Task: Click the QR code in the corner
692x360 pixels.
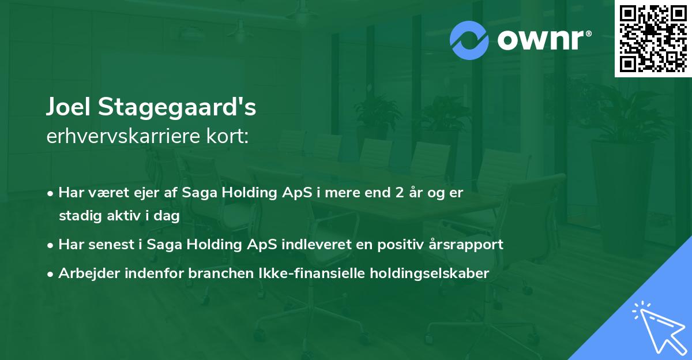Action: point(653,38)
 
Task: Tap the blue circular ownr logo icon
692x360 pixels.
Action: point(469,40)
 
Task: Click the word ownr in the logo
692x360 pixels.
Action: point(543,40)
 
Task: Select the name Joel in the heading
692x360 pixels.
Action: point(69,107)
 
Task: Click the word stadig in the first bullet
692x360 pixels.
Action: point(77,216)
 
